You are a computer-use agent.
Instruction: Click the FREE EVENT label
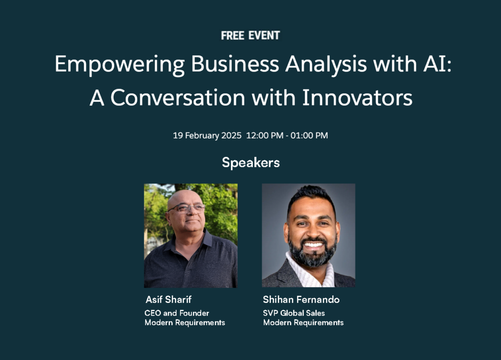[x=250, y=35]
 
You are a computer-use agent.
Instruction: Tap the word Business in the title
[x=235, y=64]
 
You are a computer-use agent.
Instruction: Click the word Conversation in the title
[x=178, y=97]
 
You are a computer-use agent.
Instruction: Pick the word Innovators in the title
[x=357, y=97]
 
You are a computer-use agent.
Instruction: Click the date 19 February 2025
[x=207, y=135]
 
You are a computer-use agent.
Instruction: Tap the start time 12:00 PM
[x=265, y=135]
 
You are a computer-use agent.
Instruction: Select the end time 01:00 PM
[x=309, y=135]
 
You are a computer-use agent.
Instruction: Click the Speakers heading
[x=251, y=163]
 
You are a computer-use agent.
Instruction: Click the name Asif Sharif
[x=168, y=300]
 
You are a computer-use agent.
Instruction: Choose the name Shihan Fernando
[x=301, y=300]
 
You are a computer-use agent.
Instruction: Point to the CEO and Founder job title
[x=177, y=313]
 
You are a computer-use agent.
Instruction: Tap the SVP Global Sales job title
[x=294, y=313]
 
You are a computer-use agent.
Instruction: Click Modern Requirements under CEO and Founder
[x=184, y=323]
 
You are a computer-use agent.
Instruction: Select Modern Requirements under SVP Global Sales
[x=303, y=323]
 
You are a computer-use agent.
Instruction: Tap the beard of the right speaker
[x=312, y=252]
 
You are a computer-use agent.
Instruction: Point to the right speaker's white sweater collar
[x=309, y=273]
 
